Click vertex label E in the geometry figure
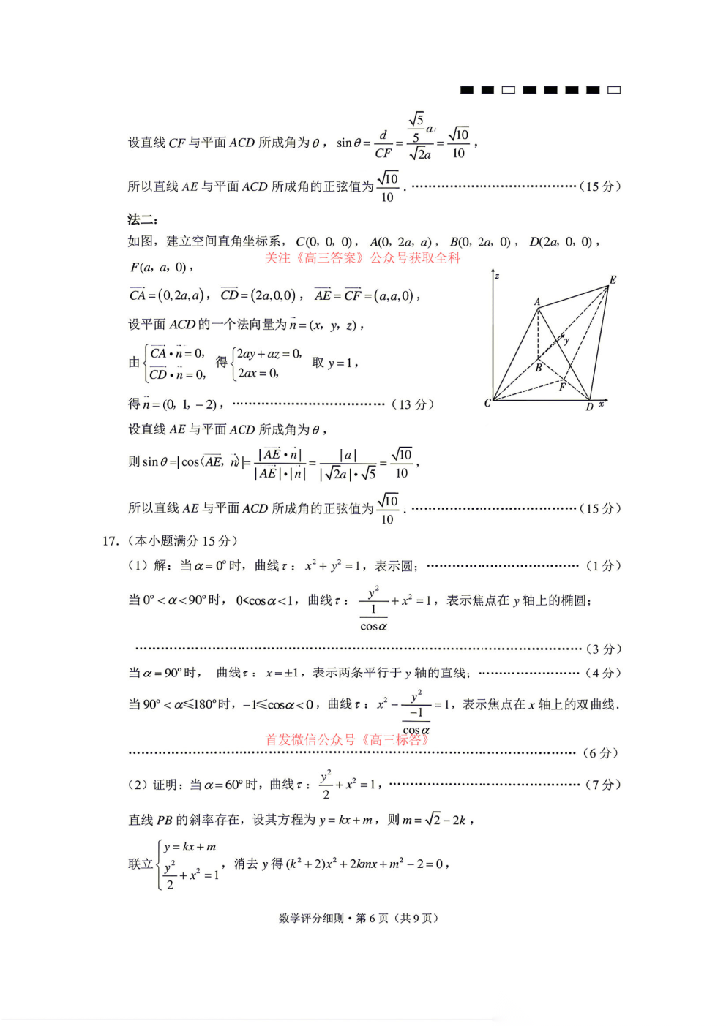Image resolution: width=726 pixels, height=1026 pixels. pyautogui.click(x=613, y=280)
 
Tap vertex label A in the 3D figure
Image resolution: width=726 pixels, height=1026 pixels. pyautogui.click(x=537, y=301)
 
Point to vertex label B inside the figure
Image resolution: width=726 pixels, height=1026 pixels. pyautogui.click(x=538, y=368)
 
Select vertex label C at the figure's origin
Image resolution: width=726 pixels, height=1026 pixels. pyautogui.click(x=487, y=403)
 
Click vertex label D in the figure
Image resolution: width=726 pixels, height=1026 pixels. pyautogui.click(x=589, y=407)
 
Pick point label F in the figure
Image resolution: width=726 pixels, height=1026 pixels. pyautogui.click(x=562, y=387)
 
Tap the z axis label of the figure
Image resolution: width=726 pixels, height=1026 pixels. pyautogui.click(x=497, y=276)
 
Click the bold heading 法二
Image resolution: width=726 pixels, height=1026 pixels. pyautogui.click(x=142, y=219)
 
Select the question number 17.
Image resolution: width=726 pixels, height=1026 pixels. pyautogui.click(x=111, y=541)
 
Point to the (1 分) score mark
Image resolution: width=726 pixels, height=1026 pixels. pyautogui.click(x=603, y=565)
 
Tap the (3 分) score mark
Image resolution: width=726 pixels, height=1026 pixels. pyautogui.click(x=603, y=649)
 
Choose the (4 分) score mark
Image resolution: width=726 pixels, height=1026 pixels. pyautogui.click(x=603, y=673)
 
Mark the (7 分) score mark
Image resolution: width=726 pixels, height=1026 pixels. pyautogui.click(x=603, y=785)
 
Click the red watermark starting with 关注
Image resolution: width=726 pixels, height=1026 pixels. pyautogui.click(x=362, y=257)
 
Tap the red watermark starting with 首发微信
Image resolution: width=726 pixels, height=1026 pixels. pyautogui.click(x=347, y=739)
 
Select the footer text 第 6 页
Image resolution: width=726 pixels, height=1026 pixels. pyautogui.click(x=372, y=919)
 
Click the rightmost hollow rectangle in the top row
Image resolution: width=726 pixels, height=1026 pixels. pyautogui.click(x=614, y=90)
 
